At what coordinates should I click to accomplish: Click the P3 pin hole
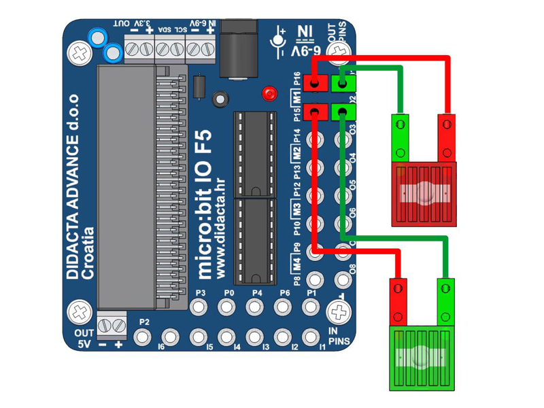199,307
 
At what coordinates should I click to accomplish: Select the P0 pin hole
228,307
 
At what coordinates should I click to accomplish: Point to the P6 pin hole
284,307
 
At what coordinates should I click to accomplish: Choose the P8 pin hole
315,279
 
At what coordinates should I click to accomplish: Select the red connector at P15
316,112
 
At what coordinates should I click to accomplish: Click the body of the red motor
424,194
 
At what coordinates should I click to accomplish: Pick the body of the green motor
421,358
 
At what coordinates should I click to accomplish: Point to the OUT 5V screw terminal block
112,325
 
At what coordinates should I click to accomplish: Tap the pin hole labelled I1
312,336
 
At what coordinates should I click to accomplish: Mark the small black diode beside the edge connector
199,87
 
